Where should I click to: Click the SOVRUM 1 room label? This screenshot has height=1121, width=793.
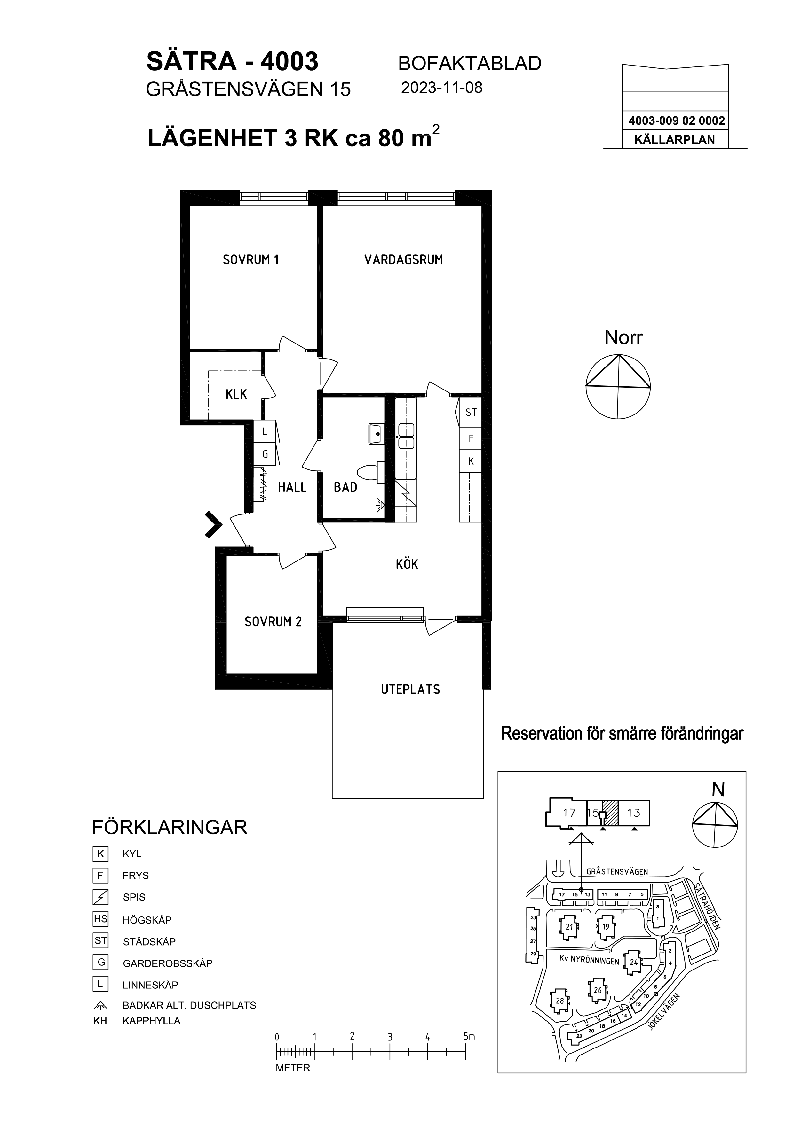251,260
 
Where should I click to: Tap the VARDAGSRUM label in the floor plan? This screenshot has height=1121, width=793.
404,260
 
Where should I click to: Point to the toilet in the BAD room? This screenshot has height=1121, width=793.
371,473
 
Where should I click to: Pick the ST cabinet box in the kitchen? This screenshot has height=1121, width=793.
471,413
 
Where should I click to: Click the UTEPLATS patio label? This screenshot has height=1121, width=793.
410,689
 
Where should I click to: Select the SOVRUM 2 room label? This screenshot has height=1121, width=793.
273,622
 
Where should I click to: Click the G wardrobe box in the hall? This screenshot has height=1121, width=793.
265,454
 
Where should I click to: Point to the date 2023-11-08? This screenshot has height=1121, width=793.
442,88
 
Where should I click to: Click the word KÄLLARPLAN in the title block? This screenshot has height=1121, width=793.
674,140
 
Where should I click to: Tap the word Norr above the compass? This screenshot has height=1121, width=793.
623,337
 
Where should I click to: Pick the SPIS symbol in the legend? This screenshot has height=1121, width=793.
101,897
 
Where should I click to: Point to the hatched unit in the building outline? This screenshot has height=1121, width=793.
610,813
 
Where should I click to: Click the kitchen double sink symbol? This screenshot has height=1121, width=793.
406,436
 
